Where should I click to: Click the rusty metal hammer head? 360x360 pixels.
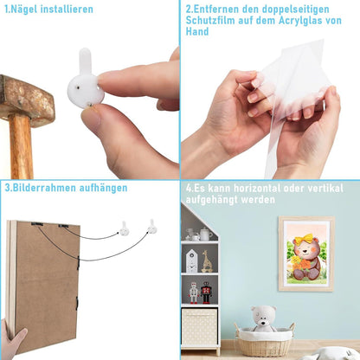coord(26,100)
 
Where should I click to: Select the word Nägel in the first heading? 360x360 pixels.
coord(25,10)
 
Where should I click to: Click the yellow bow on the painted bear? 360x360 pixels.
coord(304,239)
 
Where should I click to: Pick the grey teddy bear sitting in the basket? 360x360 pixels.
coord(263,319)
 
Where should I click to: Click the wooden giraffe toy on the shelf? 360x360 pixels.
coord(207,261)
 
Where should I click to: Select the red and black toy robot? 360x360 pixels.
coord(206,292)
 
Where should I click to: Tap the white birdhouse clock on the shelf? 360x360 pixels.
coord(191,261)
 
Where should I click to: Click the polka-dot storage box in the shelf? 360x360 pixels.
coord(199,327)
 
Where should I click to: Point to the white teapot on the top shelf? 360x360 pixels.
coord(205,234)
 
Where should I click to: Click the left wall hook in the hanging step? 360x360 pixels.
coord(124,228)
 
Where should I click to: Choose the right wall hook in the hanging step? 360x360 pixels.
coord(152,227)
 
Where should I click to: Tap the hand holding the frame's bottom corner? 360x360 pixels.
coord(12,339)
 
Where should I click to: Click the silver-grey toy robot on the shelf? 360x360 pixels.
coord(194,292)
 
